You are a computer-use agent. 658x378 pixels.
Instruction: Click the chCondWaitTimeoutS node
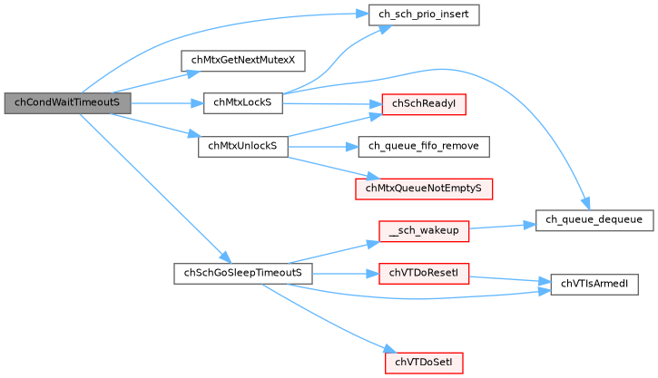pos(67,103)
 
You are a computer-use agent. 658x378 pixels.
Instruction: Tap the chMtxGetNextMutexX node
pos(242,61)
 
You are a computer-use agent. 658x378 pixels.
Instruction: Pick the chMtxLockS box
pos(242,103)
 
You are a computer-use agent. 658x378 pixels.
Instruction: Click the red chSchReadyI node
pos(423,103)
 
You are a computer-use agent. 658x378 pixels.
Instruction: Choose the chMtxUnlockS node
pos(242,146)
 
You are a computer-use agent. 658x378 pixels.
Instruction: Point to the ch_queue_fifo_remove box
pos(424,146)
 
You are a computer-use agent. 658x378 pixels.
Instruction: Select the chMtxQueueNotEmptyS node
pos(423,189)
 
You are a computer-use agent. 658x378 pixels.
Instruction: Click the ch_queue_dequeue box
pos(593,219)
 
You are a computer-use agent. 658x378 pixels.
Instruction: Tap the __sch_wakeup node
pos(423,230)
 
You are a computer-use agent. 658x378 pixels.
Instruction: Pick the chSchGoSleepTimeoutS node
pos(242,273)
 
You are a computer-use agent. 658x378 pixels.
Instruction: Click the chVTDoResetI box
pos(423,273)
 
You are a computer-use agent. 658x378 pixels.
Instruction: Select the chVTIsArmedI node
pos(594,285)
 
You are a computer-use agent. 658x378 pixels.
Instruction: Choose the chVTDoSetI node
pos(423,362)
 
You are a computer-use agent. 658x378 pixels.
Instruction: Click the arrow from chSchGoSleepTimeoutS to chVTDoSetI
pos(327,318)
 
